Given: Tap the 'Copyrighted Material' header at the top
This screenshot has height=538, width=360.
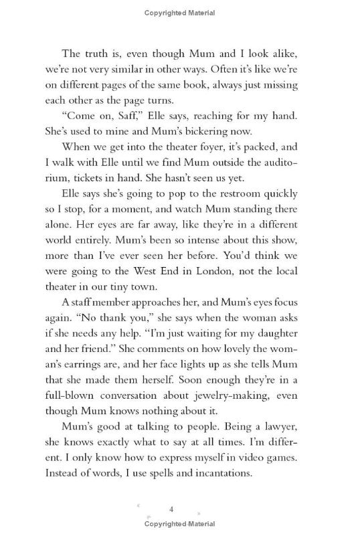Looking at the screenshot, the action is (179, 12).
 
